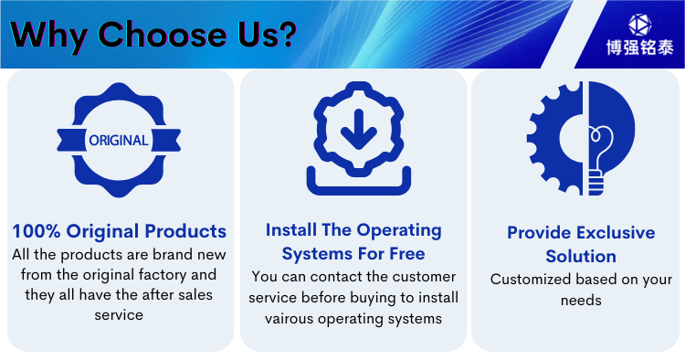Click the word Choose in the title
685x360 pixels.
click(162, 34)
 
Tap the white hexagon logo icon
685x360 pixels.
click(640, 25)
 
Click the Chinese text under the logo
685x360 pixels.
click(640, 48)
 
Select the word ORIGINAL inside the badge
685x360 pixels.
click(119, 140)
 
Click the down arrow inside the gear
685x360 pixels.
click(359, 130)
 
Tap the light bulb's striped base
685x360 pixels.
click(595, 184)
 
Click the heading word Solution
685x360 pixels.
click(581, 256)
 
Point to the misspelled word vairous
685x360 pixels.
click(290, 319)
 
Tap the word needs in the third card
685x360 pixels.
click(581, 301)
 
